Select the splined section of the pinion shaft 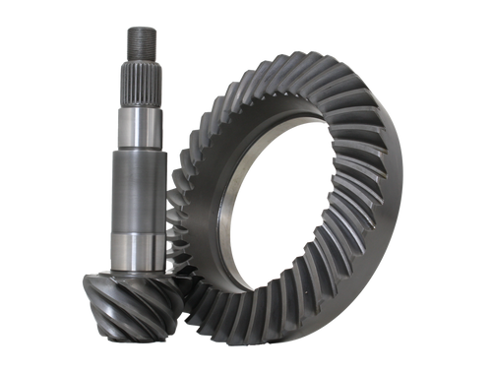coord(138,84)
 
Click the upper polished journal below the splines coord(138,125)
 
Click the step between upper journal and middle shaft coord(138,148)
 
